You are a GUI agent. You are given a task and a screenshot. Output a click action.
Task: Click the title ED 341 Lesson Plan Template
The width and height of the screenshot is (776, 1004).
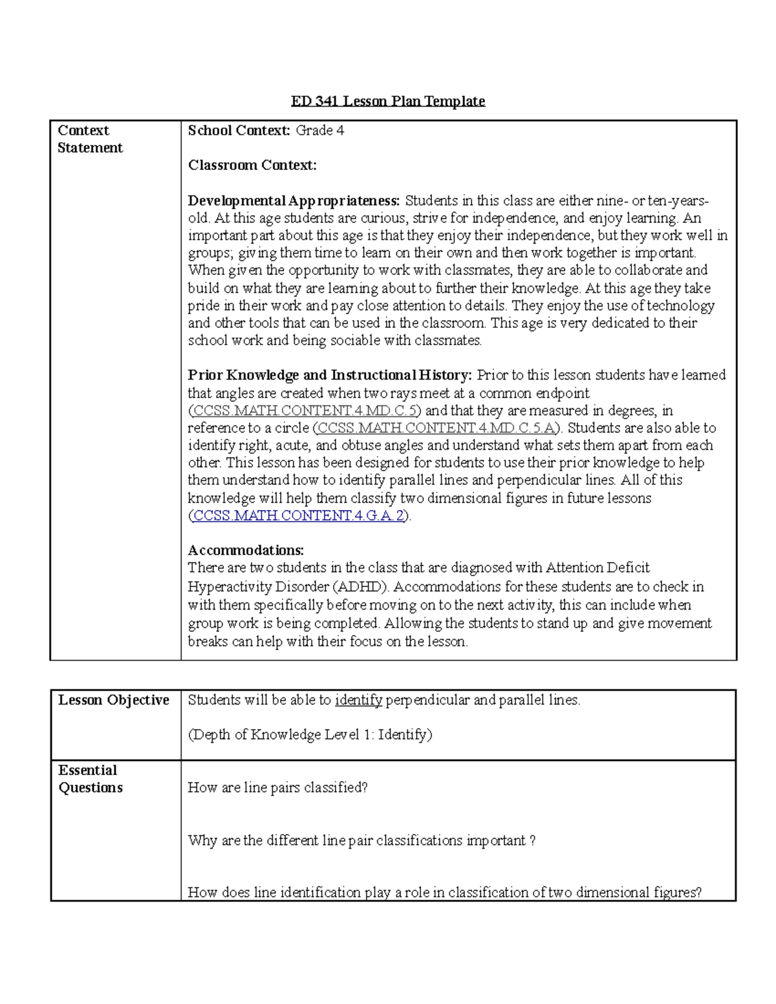(x=387, y=101)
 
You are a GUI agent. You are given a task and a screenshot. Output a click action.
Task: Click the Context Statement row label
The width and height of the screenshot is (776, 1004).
(x=89, y=139)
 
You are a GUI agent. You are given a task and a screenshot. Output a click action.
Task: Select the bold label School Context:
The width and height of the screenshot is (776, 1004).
(x=239, y=131)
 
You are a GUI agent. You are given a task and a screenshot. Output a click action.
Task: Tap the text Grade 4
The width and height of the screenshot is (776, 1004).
(x=319, y=131)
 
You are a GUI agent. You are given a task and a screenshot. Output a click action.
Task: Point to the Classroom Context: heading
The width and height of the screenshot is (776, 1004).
(x=252, y=166)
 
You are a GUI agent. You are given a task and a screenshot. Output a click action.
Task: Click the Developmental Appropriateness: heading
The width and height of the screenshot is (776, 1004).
(x=294, y=201)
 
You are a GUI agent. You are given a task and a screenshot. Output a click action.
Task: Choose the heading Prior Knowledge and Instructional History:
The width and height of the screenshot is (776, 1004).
(x=330, y=376)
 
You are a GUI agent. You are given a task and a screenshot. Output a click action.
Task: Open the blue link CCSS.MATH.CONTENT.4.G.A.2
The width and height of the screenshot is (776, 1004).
(x=299, y=516)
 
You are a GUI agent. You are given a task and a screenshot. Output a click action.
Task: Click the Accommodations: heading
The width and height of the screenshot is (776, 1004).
(x=246, y=551)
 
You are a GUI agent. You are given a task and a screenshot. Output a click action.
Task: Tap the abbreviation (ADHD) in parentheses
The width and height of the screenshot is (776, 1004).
(x=361, y=587)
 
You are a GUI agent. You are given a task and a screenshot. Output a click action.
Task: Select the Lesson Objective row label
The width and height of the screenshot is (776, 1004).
(x=114, y=700)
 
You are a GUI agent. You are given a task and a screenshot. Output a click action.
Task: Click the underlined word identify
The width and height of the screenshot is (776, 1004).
(x=358, y=700)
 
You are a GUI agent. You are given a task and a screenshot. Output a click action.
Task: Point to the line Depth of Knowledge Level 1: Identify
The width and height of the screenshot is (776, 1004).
(x=310, y=735)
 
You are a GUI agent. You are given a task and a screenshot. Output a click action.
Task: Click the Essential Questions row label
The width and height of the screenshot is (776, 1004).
(x=90, y=779)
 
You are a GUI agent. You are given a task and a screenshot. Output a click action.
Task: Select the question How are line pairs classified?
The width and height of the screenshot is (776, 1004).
(x=277, y=788)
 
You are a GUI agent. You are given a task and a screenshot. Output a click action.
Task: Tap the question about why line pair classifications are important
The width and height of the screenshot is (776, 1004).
(x=361, y=841)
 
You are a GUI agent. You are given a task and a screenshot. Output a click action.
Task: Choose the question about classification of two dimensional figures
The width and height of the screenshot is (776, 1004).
(x=444, y=893)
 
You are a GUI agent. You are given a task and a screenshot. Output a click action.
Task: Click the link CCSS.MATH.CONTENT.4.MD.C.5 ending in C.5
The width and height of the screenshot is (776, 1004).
(x=305, y=411)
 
